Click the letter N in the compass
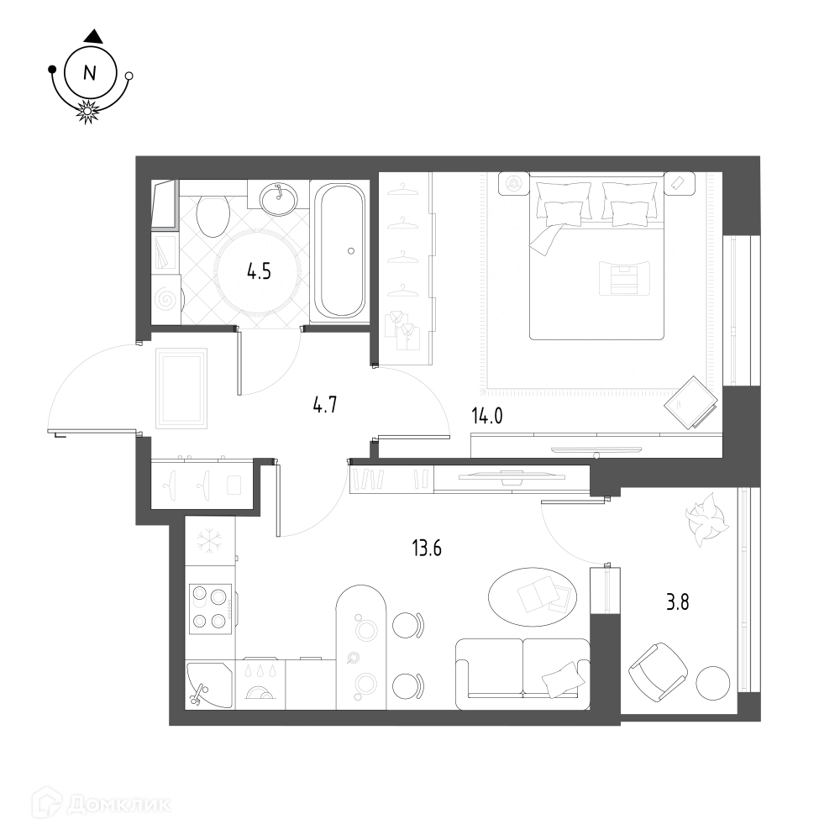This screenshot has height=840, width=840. pyautogui.click(x=90, y=72)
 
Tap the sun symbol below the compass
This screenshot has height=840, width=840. pyautogui.click(x=87, y=112)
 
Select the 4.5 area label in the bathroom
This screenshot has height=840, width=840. pyautogui.click(x=259, y=272)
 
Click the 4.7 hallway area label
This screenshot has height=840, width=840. pyautogui.click(x=324, y=405)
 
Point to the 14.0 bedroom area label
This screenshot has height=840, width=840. pyautogui.click(x=487, y=416)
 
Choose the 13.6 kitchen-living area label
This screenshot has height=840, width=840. pyautogui.click(x=427, y=549)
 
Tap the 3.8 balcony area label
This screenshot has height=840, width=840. pyautogui.click(x=677, y=602)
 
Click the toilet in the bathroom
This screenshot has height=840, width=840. pyautogui.click(x=213, y=215)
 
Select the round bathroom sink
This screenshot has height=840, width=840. pyautogui.click(x=278, y=199)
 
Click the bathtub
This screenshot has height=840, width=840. pyautogui.click(x=339, y=250)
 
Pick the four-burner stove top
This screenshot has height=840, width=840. pyautogui.click(x=210, y=608)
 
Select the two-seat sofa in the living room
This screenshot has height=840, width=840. pyautogui.click(x=522, y=674)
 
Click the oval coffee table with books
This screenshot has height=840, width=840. pyautogui.click(x=533, y=596)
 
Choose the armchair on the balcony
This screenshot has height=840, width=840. pyautogui.click(x=658, y=673)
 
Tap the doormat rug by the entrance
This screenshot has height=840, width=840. pyautogui.click(x=181, y=388)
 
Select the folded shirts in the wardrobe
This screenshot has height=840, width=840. pyautogui.click(x=403, y=329)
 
